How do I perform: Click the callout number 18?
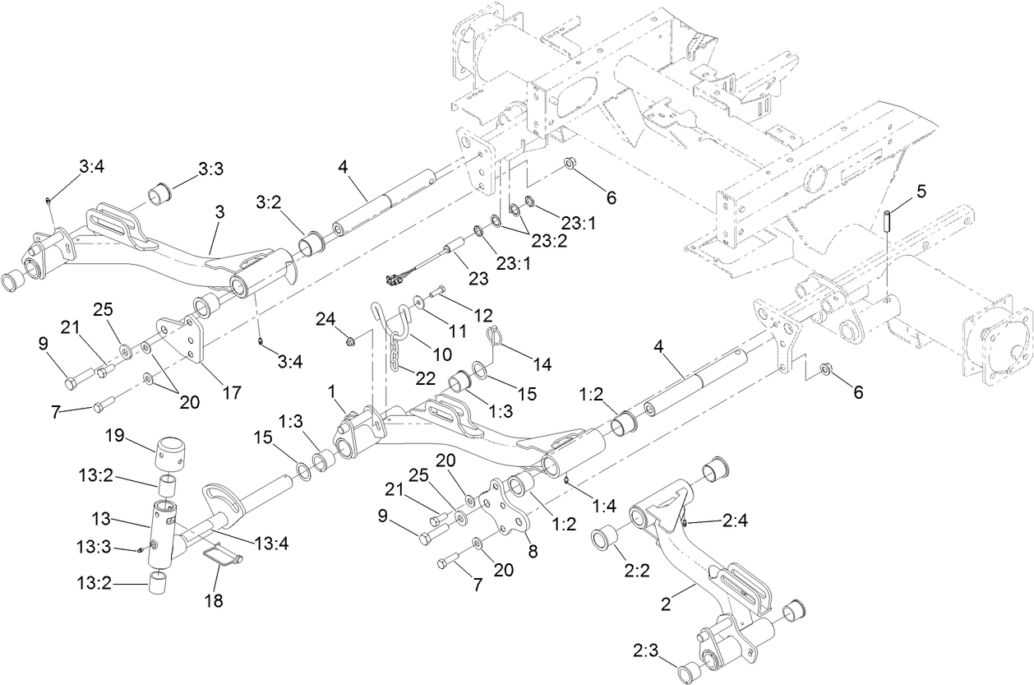214,600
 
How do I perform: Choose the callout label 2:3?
646,649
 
